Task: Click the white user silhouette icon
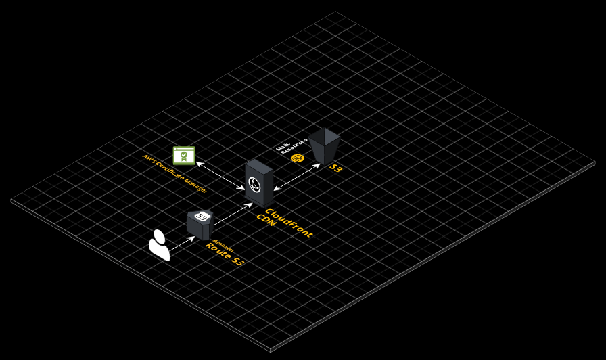tap(159, 246)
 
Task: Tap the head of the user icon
tap(159, 235)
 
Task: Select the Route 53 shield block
tap(200, 225)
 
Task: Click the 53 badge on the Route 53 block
tap(201, 217)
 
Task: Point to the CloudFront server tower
tap(259, 183)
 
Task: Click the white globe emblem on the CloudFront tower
tap(255, 183)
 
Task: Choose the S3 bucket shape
tap(325, 145)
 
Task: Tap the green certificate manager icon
tap(184, 156)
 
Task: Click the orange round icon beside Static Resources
tap(297, 158)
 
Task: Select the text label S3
tap(335, 168)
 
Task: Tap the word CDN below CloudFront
tap(266, 221)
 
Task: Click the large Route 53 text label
tap(225, 254)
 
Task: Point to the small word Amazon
tap(223, 244)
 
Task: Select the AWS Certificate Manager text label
tap(174, 173)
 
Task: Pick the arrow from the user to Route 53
tap(181, 244)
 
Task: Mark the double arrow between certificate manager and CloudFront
tap(220, 175)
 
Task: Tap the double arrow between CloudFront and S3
tap(297, 177)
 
